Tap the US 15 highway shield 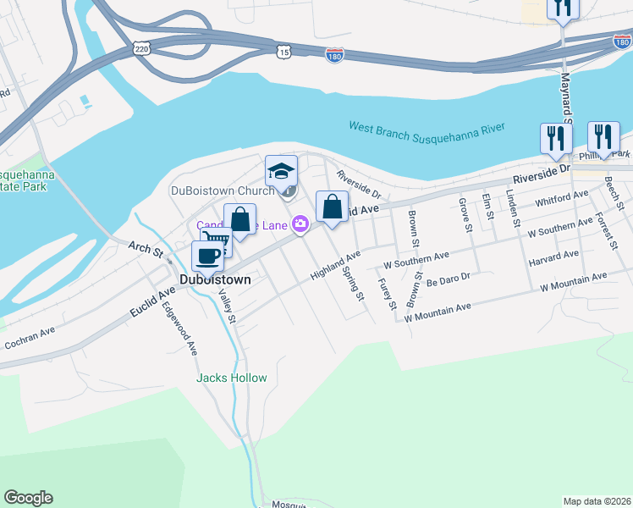283,52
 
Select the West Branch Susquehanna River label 427,128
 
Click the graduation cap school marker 281,172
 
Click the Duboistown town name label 215,279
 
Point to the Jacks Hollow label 232,378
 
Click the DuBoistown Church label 223,190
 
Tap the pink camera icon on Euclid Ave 300,224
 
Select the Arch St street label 145,250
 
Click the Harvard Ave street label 553,254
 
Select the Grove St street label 464,213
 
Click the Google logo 28,498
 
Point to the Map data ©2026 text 597,500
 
